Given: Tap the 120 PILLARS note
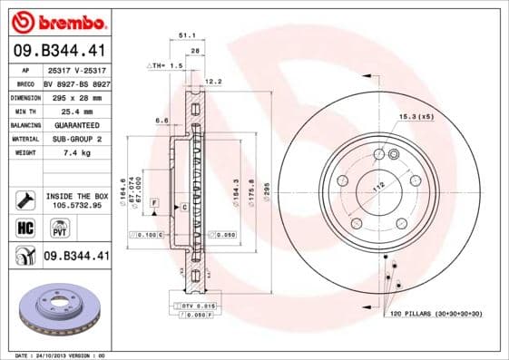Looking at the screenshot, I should point(436,313).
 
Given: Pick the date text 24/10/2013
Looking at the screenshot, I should point(53,355).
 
